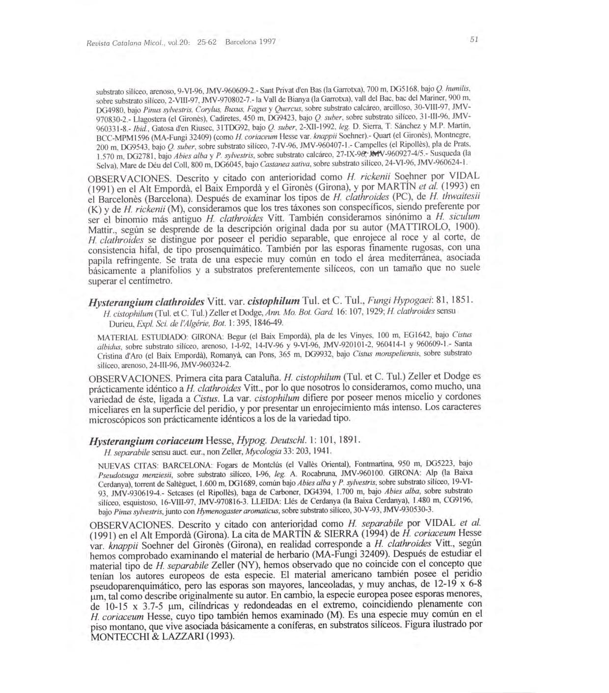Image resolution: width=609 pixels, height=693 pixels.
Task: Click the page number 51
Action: point(474,40)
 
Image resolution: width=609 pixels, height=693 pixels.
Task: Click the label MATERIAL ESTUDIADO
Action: point(140,339)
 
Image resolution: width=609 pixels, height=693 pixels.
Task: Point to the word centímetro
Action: point(146,281)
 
